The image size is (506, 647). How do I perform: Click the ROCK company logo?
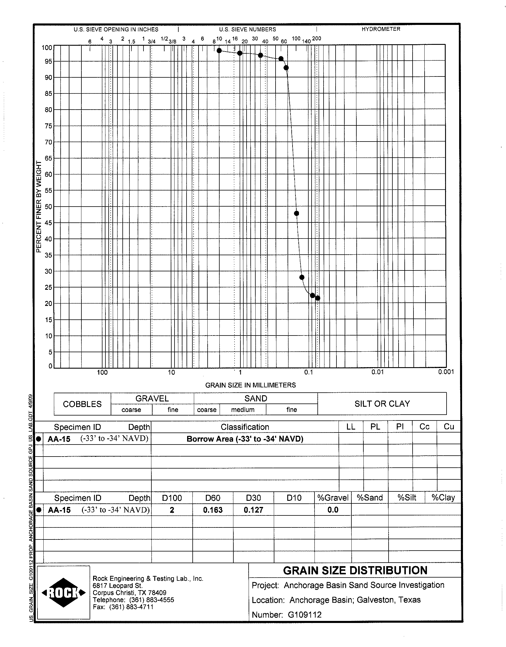[64, 593]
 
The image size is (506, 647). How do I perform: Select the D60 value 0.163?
[213, 510]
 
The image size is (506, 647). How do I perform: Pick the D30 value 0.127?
[253, 510]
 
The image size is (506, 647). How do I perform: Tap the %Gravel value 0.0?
[333, 510]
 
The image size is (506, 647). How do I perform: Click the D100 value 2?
[172, 510]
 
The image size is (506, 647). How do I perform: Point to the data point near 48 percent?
[296, 213]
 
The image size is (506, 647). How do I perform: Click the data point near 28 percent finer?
[302, 277]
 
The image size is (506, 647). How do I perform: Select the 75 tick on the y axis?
[48, 126]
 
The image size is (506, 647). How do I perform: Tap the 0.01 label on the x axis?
[377, 372]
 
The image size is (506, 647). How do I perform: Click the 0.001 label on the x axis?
[446, 372]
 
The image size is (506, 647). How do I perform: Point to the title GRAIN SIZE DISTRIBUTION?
[355, 571]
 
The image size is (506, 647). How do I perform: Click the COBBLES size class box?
[82, 404]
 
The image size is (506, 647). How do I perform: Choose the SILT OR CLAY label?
[382, 404]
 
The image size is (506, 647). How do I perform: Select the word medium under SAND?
[243, 410]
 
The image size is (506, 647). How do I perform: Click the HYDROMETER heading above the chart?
[381, 29]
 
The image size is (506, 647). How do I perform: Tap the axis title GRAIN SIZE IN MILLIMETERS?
[250, 385]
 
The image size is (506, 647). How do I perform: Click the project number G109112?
[305, 615]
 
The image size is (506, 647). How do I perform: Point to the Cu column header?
[449, 427]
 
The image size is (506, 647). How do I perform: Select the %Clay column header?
[443, 498]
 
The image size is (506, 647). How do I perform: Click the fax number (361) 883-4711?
[131, 607]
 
